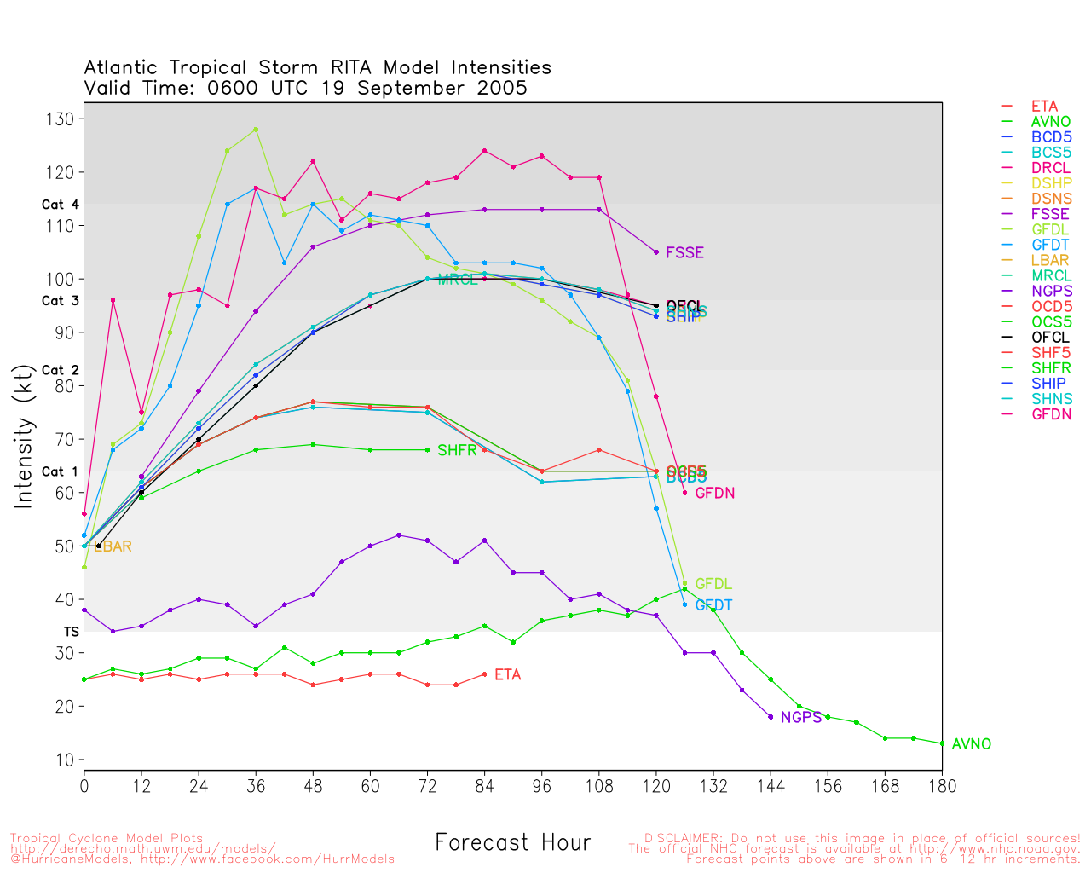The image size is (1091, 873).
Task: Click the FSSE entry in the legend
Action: tap(1050, 215)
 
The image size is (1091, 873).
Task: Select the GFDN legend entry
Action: tap(1051, 414)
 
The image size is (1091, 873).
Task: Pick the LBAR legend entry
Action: tap(1050, 261)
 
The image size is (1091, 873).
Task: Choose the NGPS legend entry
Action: tap(1051, 292)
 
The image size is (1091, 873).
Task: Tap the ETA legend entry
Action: tap(1044, 107)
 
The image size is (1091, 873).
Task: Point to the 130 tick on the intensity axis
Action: tap(61, 119)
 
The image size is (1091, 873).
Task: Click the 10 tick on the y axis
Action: tap(64, 760)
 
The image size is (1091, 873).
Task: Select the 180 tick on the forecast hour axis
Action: tap(942, 786)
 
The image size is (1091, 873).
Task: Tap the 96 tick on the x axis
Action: tap(541, 786)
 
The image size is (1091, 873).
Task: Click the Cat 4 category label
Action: tap(60, 205)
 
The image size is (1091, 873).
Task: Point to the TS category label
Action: tap(71, 632)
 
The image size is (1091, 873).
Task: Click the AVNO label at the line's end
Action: tap(972, 744)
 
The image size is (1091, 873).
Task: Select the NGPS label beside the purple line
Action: tap(801, 718)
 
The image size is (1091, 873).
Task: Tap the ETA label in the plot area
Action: tap(507, 675)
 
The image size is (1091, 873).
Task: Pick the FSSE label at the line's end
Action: tap(684, 253)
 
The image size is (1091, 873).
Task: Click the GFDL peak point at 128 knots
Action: tap(256, 130)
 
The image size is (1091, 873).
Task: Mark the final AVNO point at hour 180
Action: tap(942, 743)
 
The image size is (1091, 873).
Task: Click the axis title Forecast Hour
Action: tap(512, 843)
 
